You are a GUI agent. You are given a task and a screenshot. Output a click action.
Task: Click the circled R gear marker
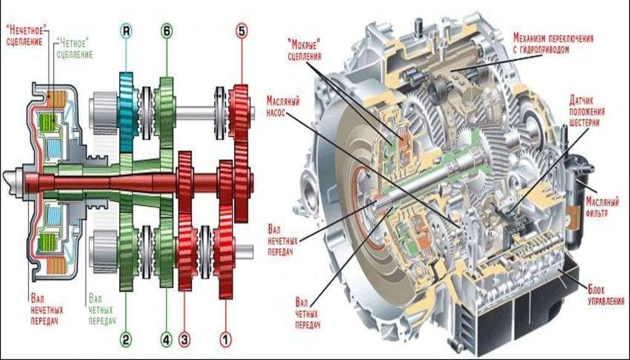click(126, 30)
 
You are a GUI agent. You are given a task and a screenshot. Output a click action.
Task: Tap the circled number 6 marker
click(166, 30)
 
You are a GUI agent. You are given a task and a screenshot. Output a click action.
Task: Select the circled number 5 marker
click(241, 30)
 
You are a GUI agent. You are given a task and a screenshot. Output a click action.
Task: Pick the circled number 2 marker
click(126, 338)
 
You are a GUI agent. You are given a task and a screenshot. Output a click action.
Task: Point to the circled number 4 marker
click(166, 338)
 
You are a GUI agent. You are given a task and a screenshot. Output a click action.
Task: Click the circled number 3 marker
click(185, 338)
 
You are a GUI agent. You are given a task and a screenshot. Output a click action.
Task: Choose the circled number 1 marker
click(225, 338)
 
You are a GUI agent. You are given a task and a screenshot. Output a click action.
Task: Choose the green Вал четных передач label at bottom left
click(102, 307)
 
